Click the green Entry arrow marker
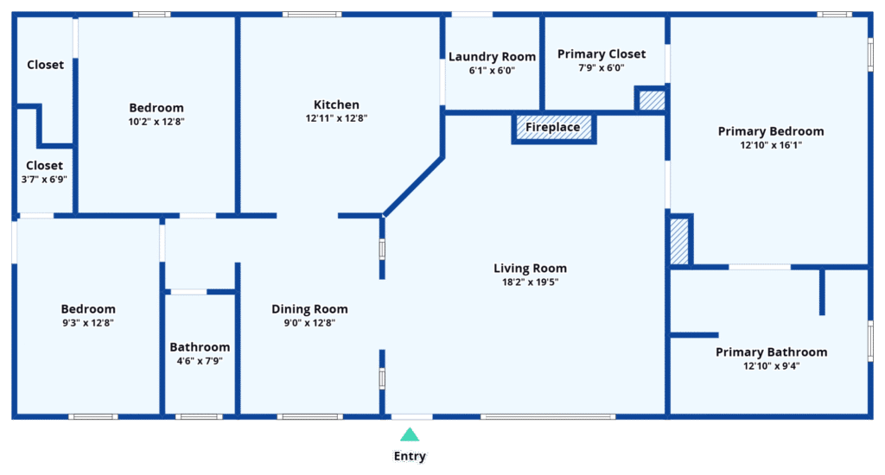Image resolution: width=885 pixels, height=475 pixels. point(410,434)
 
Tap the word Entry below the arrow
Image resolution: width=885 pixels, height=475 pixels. point(410,456)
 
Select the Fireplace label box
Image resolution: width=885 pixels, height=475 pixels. point(554,128)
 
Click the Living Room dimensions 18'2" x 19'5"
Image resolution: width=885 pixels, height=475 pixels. point(530,282)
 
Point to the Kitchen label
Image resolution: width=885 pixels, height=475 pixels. point(336,104)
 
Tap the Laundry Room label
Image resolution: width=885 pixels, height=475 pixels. point(492,56)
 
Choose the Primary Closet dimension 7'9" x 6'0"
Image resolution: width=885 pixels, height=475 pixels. point(602,67)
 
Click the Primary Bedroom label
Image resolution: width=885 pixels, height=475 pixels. point(771,131)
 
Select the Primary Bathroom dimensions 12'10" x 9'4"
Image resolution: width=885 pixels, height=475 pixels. point(771,365)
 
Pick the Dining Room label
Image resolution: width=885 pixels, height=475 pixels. point(309,308)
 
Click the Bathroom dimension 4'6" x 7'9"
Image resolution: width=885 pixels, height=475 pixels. point(200,360)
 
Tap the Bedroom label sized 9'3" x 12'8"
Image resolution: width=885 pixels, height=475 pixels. point(88,308)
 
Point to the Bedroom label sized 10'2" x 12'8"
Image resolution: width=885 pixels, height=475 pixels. point(156,107)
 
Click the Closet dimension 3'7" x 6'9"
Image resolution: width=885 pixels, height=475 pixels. point(44,180)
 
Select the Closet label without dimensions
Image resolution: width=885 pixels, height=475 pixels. point(45,64)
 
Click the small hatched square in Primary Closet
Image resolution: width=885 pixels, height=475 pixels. point(652,100)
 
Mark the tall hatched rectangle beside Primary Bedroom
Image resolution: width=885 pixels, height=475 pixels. point(679,241)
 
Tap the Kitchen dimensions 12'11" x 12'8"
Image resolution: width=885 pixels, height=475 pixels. point(336,118)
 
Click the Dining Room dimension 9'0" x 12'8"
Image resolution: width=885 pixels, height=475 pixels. point(309,323)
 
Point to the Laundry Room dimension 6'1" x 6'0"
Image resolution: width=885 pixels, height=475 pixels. point(492,71)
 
